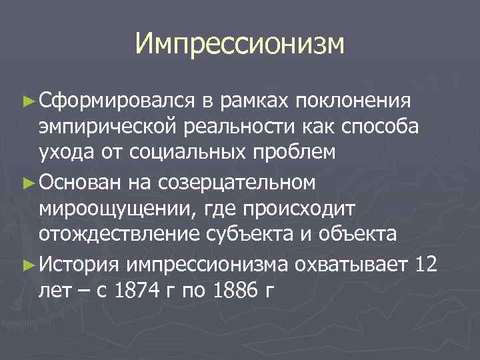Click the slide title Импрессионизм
click(240, 44)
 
